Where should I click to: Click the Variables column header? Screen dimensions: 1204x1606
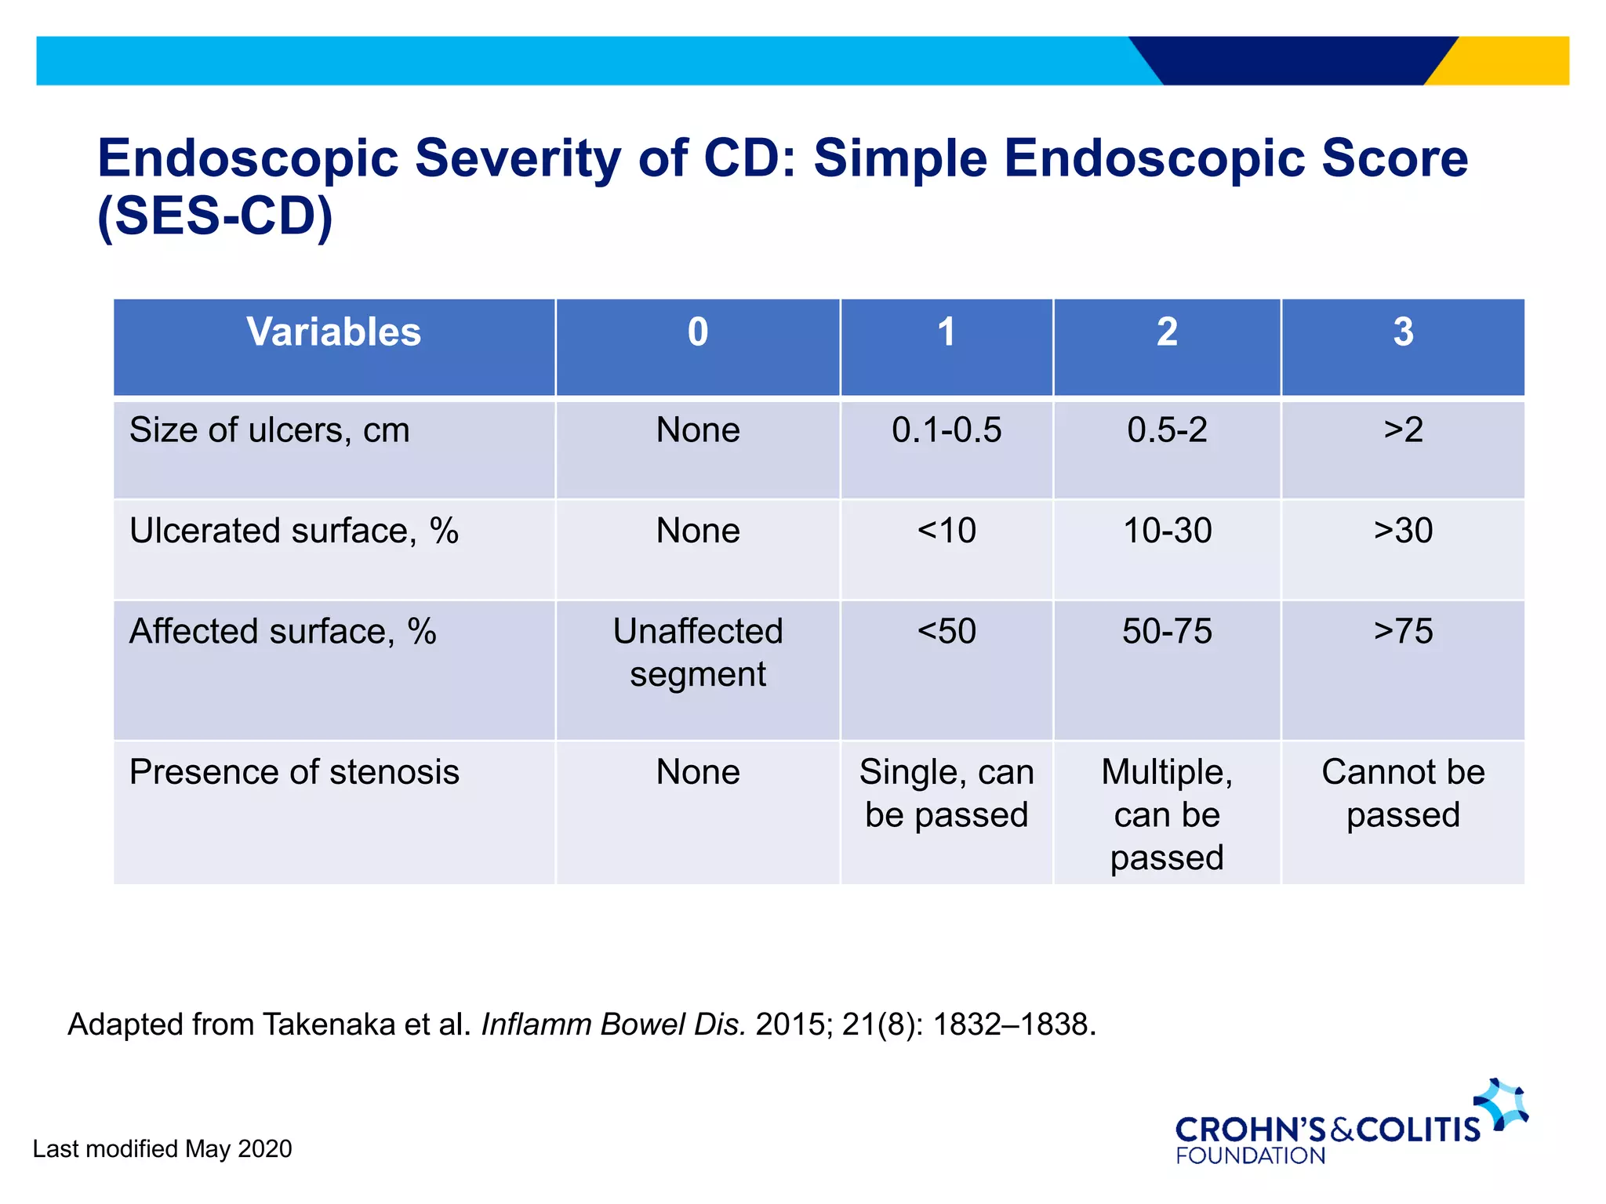(x=334, y=332)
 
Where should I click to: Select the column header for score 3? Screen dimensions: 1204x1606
(x=1403, y=332)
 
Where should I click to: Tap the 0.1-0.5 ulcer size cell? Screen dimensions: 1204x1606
(x=947, y=430)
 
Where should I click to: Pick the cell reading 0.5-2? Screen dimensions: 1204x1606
(x=1167, y=430)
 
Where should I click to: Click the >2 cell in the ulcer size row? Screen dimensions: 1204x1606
(x=1403, y=430)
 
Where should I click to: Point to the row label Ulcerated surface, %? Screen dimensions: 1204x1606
(x=294, y=531)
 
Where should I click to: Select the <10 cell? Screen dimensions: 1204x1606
(x=947, y=531)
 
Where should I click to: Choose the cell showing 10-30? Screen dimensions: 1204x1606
(x=1167, y=531)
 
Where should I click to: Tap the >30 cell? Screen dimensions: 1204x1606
(x=1403, y=531)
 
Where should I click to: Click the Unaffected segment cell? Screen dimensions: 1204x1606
(x=698, y=653)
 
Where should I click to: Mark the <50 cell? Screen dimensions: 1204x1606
(x=947, y=632)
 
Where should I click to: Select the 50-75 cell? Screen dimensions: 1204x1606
(x=1167, y=632)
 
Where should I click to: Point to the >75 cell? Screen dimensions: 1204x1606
(x=1403, y=632)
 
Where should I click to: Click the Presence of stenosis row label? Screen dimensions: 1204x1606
(x=294, y=772)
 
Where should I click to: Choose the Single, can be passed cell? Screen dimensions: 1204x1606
(x=947, y=793)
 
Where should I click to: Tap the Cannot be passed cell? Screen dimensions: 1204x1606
(x=1403, y=793)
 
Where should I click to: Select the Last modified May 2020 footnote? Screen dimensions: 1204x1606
(x=162, y=1149)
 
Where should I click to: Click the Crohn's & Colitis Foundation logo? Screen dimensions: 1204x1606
(x=1349, y=1125)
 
